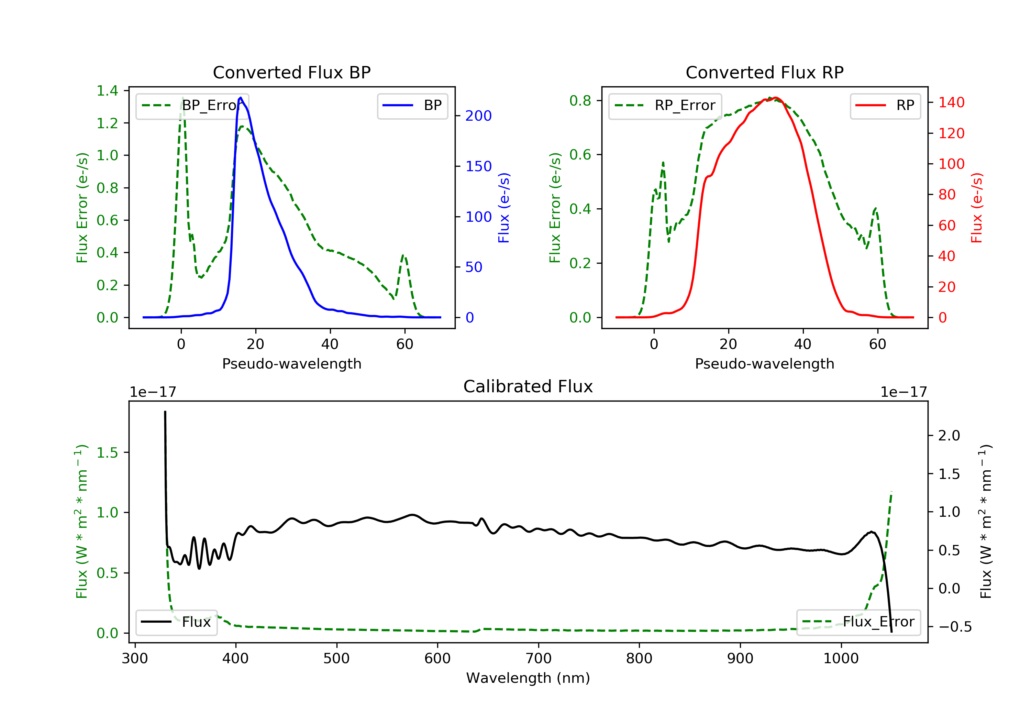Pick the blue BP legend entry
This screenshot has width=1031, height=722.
412,106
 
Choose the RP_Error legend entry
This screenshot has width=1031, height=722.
665,106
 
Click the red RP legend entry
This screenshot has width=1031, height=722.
885,106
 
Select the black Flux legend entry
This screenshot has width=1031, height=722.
177,622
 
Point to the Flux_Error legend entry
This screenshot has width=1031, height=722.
858,622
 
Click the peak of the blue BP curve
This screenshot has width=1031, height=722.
241,98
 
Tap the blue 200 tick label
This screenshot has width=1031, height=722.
478,116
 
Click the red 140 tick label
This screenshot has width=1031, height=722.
951,102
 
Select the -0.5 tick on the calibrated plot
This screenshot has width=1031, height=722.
955,627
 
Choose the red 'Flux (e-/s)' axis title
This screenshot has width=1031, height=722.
977,208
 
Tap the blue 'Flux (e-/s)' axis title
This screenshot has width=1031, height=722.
504,208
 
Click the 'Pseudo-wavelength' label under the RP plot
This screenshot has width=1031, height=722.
764,364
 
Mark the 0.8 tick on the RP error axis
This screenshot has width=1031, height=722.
580,101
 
